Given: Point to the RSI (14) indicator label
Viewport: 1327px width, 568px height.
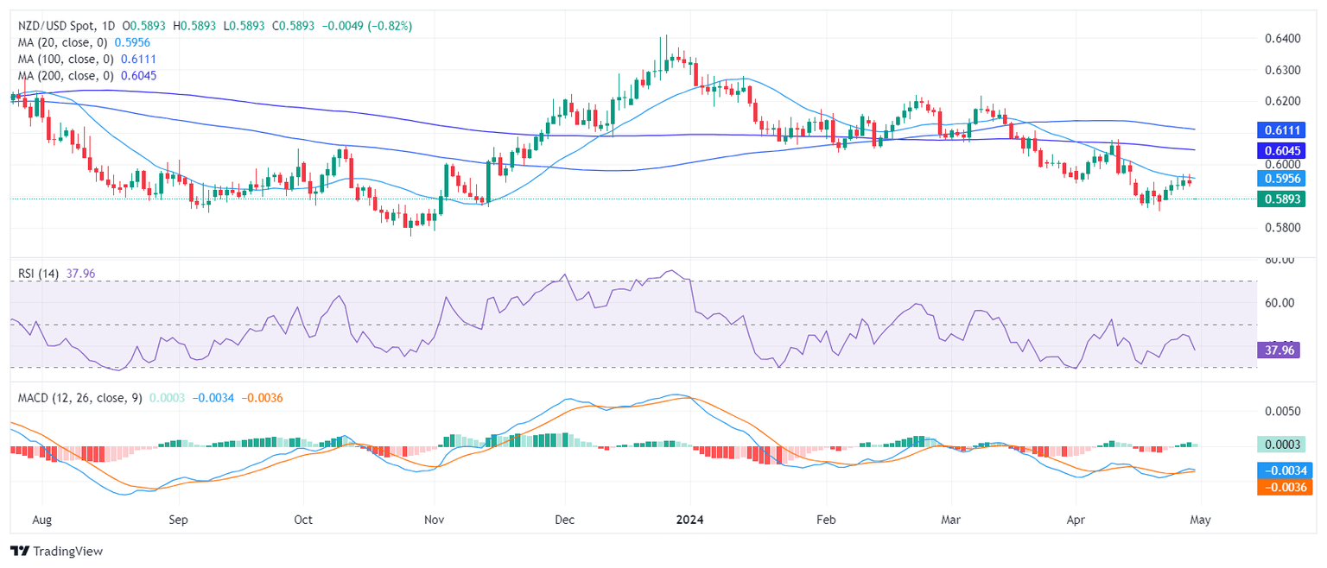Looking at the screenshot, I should pyautogui.click(x=40, y=274).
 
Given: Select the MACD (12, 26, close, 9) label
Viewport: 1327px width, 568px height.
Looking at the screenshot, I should pyautogui.click(x=80, y=398).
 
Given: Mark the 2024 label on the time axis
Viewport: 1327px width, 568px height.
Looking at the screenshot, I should pyautogui.click(x=690, y=521).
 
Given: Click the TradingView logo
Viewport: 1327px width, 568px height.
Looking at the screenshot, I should pyautogui.click(x=56, y=552).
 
